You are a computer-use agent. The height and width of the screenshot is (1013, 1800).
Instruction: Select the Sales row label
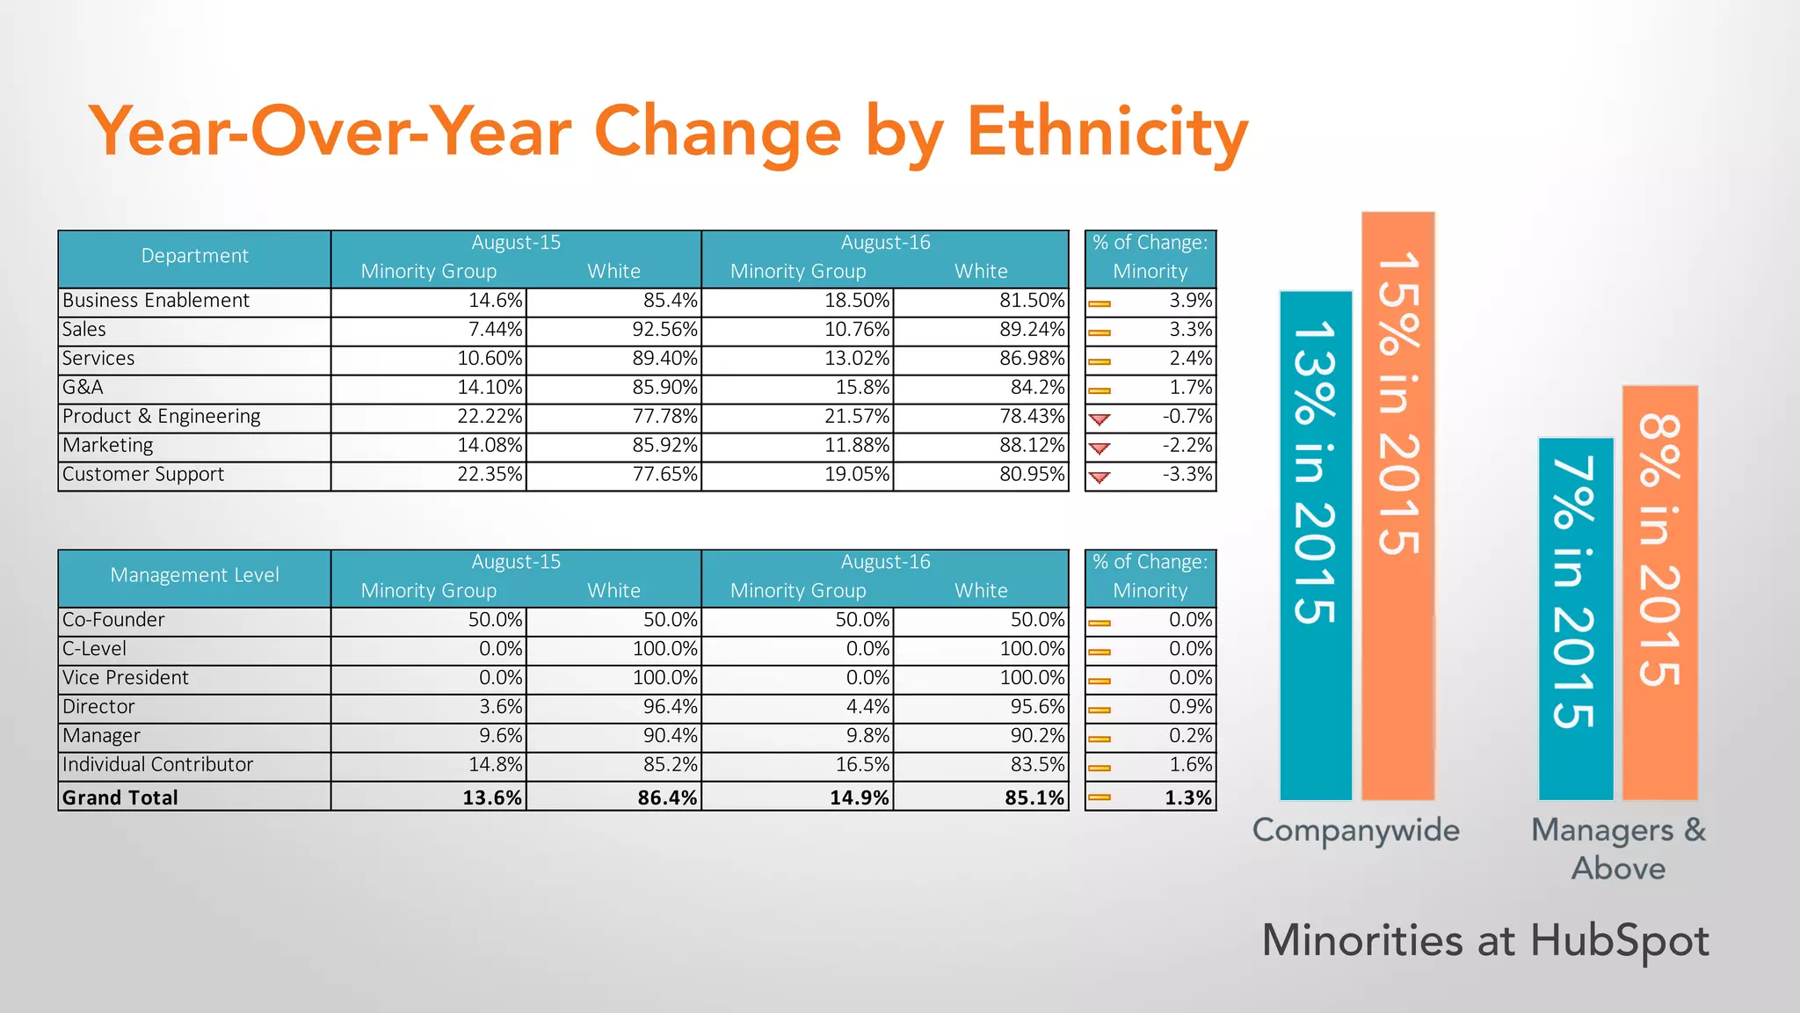(x=84, y=330)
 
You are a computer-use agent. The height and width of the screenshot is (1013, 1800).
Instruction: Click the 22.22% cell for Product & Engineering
(x=490, y=417)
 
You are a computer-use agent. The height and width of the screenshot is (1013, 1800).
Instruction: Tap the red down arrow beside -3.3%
(x=1100, y=477)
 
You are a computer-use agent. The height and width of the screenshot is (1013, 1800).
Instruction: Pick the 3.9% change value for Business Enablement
(x=1190, y=301)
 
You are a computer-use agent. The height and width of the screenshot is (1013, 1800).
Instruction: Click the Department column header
(x=194, y=257)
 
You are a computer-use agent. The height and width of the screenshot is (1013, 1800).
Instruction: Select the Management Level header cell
(x=194, y=576)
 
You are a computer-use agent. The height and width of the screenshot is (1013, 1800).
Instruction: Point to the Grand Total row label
(x=120, y=798)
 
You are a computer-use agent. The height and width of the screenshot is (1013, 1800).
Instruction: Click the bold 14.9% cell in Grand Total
(x=859, y=798)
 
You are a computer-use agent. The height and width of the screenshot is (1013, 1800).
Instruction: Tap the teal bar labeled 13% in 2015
(x=1315, y=545)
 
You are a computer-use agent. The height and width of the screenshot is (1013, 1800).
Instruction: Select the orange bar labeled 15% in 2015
(x=1397, y=506)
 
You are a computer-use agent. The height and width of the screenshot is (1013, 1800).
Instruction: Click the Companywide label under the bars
(x=1355, y=831)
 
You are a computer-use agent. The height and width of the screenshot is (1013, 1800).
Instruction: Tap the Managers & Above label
(x=1618, y=849)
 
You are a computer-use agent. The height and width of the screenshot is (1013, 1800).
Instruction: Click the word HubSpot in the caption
(x=1619, y=941)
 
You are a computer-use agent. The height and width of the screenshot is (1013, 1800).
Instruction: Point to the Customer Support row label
(x=143, y=475)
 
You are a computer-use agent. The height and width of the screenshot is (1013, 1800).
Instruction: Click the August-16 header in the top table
(x=885, y=243)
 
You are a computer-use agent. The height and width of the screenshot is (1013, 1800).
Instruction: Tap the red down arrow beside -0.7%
(x=1100, y=419)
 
